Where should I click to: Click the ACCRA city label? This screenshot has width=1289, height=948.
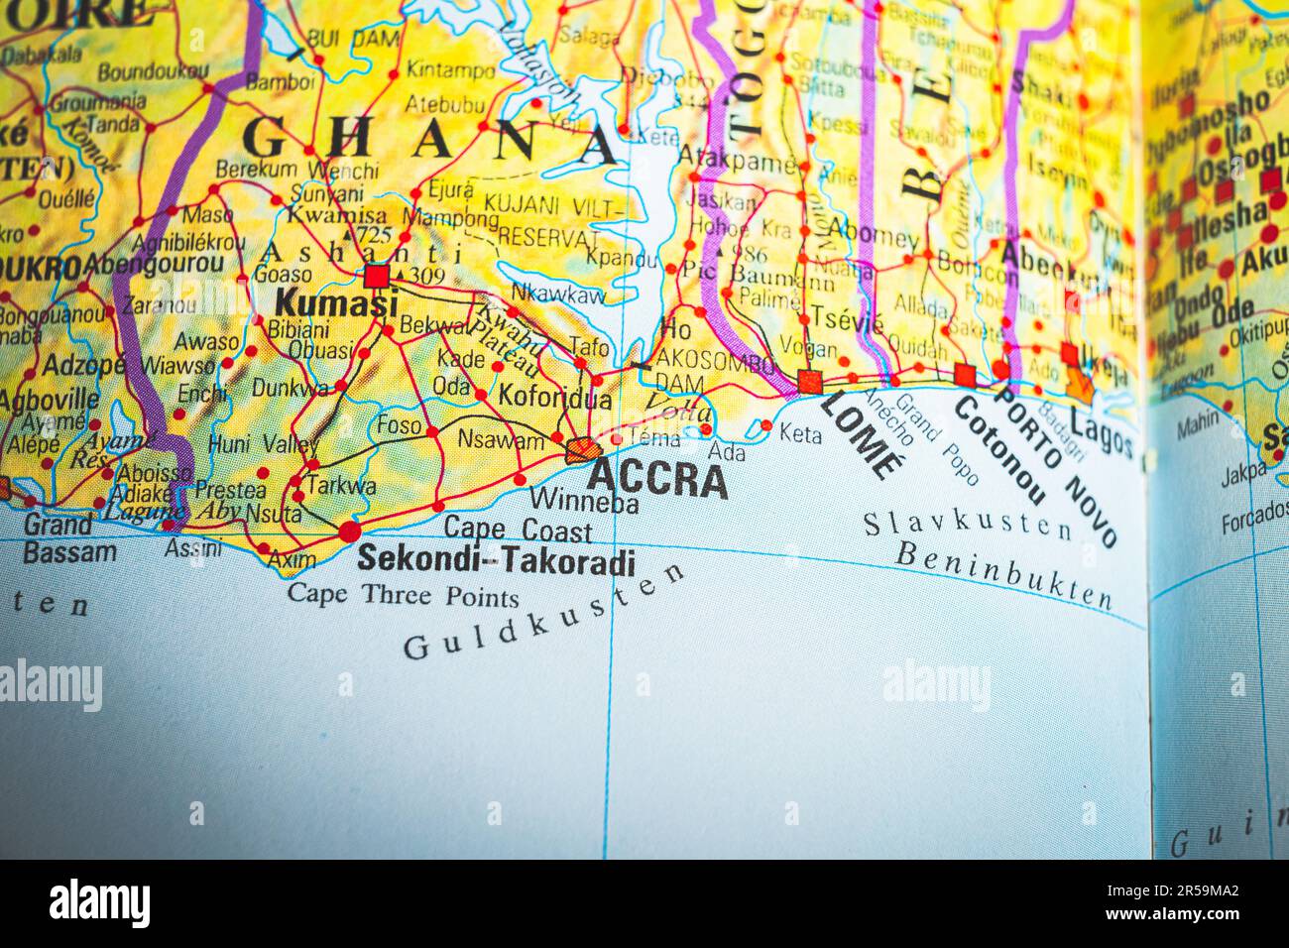tap(657, 479)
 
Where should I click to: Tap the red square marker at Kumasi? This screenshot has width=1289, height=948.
tap(376, 276)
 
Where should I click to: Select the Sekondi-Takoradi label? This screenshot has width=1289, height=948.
tap(496, 560)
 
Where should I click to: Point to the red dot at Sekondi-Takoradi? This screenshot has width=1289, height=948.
tap(349, 533)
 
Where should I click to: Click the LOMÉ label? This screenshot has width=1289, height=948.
tap(863, 434)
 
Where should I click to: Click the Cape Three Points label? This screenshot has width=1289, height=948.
tap(403, 596)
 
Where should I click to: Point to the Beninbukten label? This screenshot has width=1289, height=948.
tap(1003, 575)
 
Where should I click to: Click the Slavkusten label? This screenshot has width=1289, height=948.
tap(968, 525)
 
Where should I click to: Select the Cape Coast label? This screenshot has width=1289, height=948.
tap(518, 530)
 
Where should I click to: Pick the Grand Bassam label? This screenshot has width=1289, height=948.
tap(69, 538)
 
